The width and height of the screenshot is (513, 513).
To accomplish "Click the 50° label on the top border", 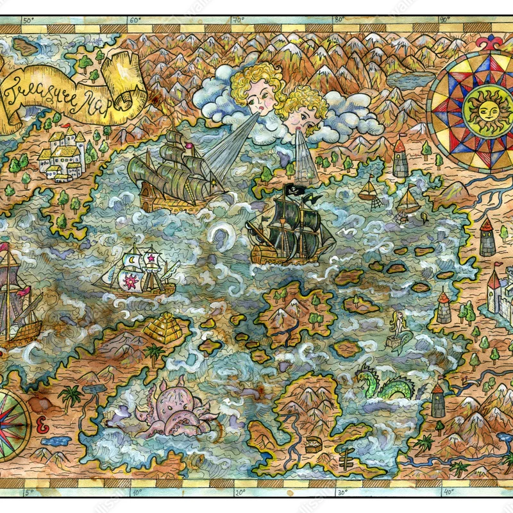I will tap(28, 20).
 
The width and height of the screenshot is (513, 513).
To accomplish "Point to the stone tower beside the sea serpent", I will tap(438, 400).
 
